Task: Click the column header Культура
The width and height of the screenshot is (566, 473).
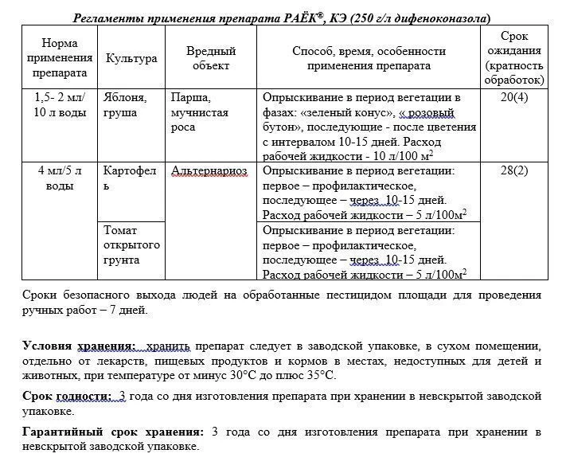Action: click(131, 58)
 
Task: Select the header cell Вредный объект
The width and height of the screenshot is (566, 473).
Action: click(211, 58)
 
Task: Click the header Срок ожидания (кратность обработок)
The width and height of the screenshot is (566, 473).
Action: click(514, 58)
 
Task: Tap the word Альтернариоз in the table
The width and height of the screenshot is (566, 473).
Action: click(209, 170)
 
